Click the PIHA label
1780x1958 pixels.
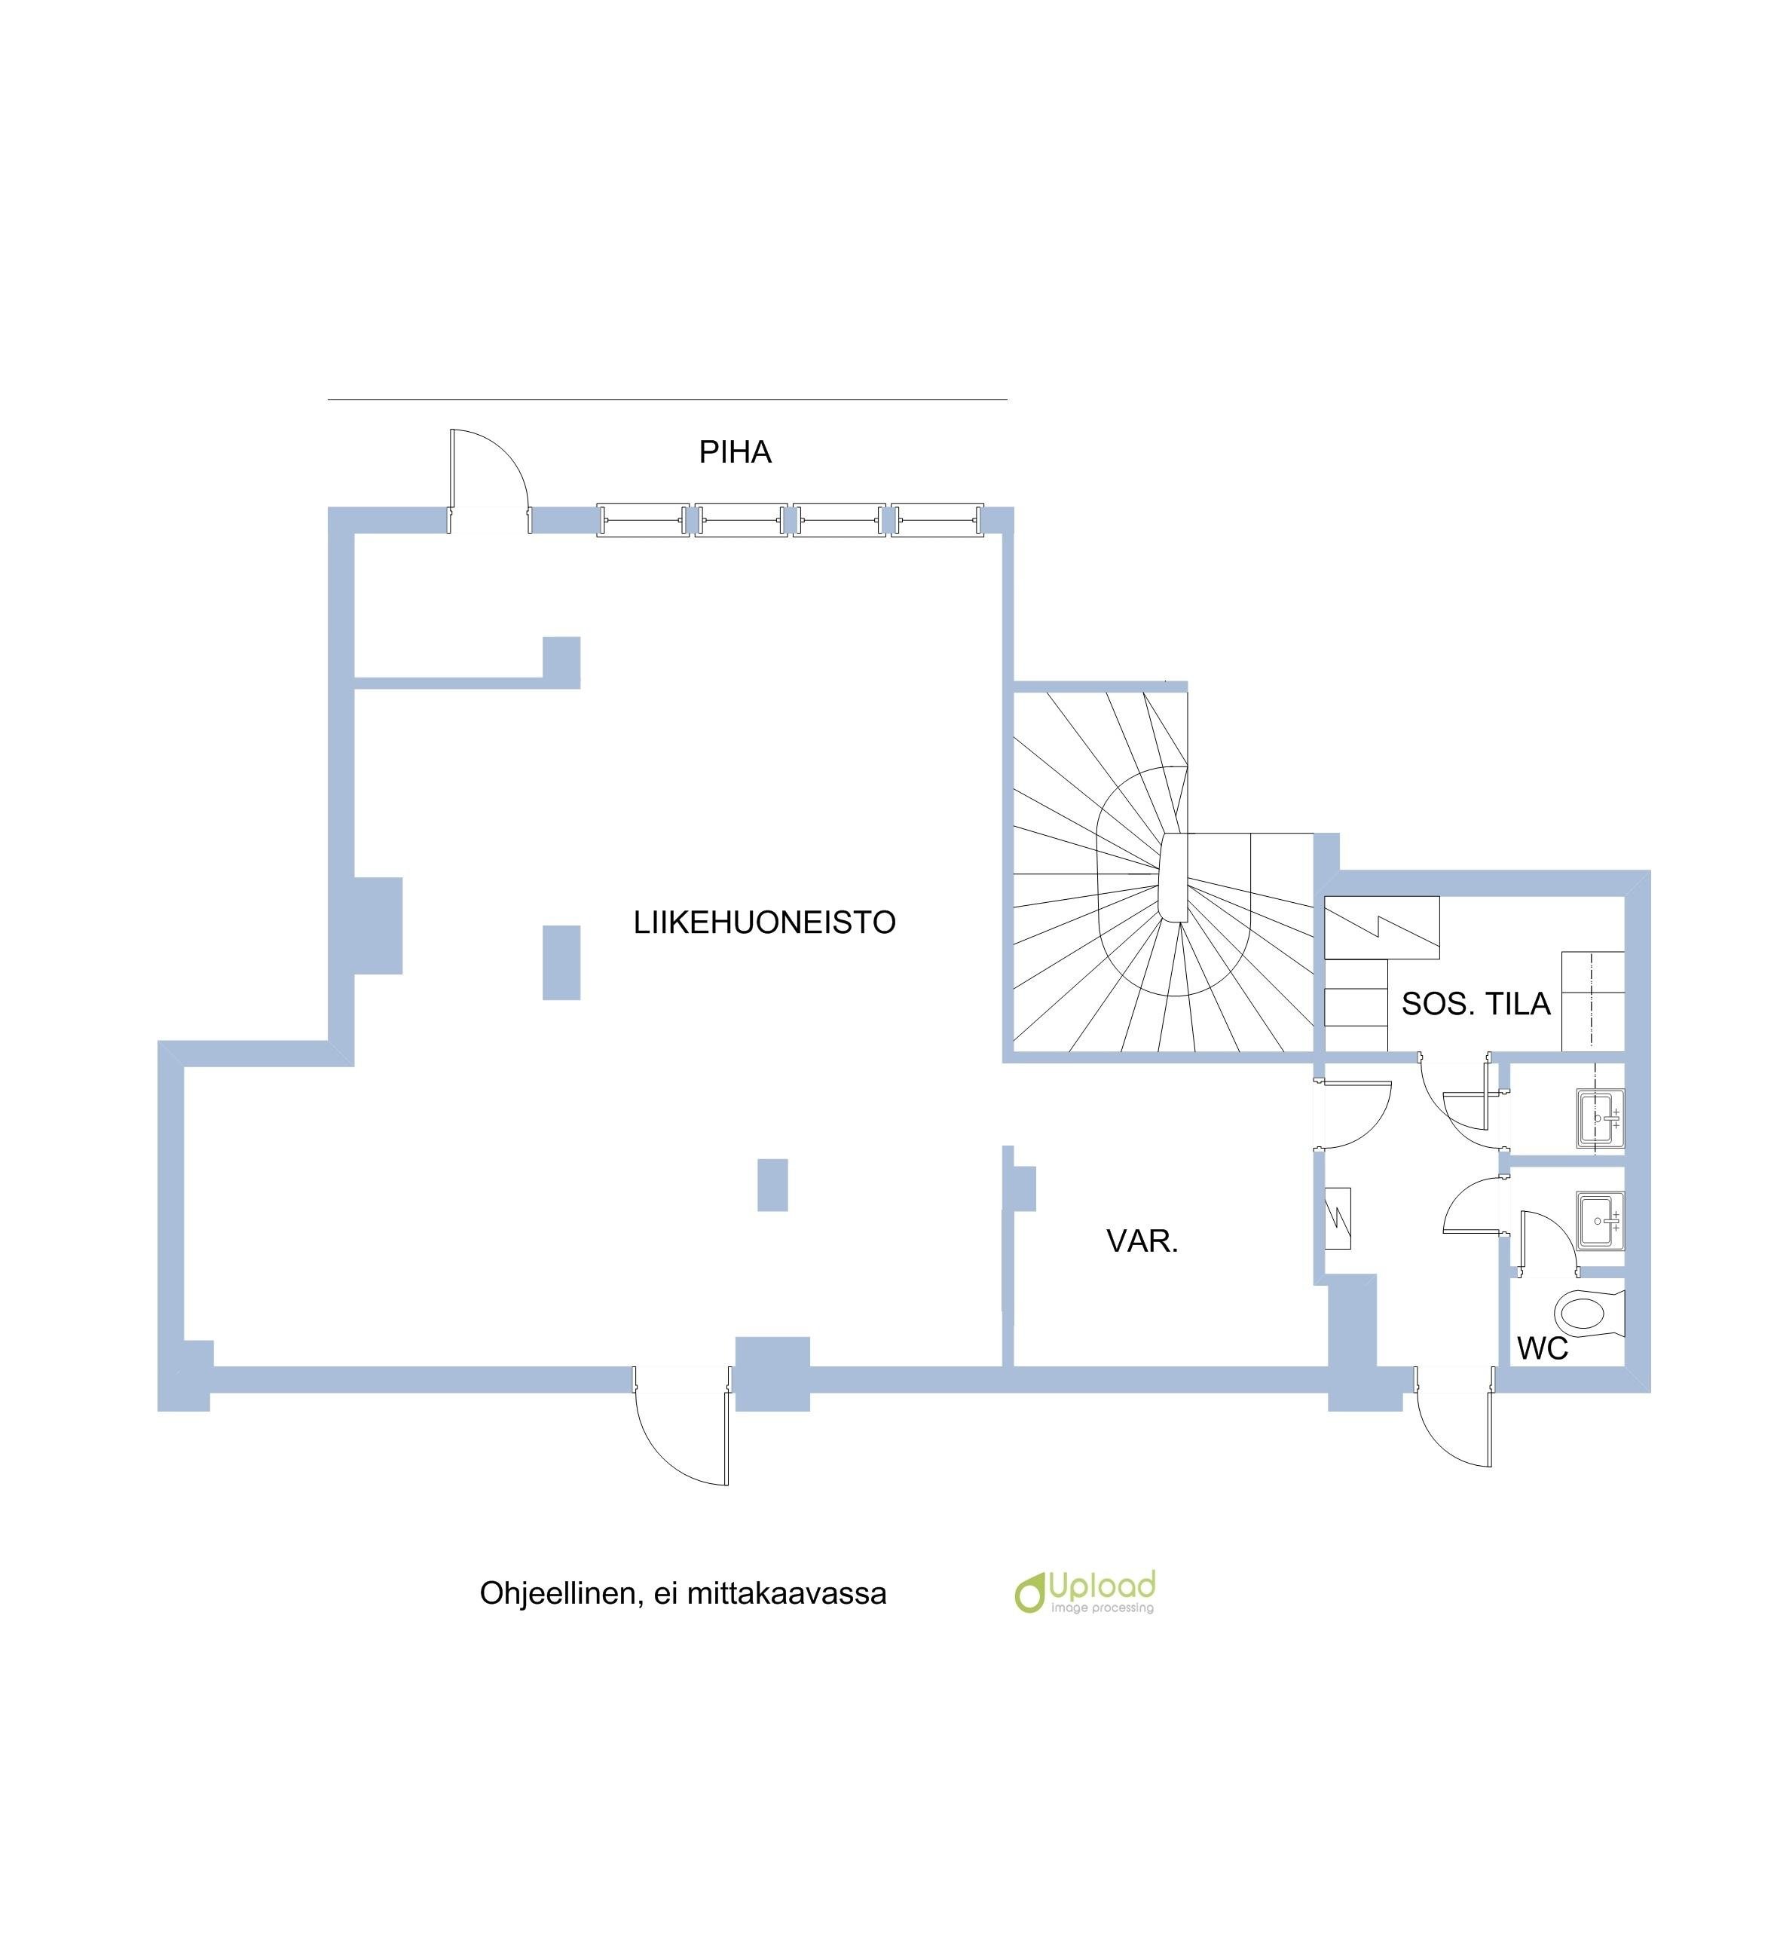click(x=734, y=453)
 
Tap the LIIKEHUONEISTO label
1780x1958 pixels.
click(x=763, y=922)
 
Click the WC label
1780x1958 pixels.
click(x=1542, y=1348)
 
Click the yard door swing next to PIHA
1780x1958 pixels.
click(x=488, y=471)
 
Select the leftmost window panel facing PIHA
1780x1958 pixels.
click(x=642, y=521)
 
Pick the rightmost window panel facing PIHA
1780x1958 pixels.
click(x=937, y=521)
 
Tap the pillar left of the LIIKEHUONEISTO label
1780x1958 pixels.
click(x=561, y=962)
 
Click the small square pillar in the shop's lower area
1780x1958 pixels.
click(x=772, y=1184)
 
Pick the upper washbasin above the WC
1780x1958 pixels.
click(x=1598, y=1118)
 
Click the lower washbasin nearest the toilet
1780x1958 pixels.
click(x=1598, y=1221)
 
